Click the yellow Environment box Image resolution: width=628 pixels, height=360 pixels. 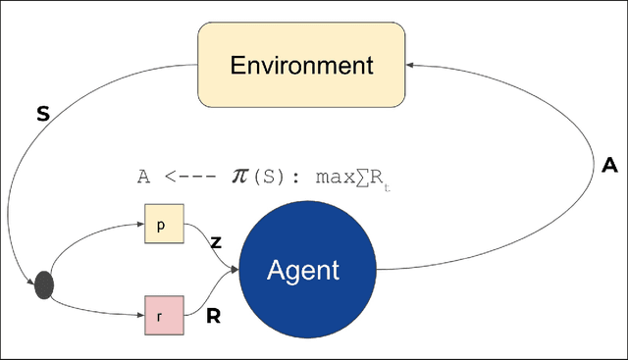301,67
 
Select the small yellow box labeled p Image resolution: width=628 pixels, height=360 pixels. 163,225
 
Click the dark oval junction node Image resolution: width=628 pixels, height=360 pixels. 44,285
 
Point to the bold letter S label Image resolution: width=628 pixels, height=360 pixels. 42,115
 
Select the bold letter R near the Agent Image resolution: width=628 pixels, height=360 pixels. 212,317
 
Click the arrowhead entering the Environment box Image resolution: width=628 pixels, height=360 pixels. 411,66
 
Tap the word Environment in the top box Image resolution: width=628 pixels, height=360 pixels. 301,67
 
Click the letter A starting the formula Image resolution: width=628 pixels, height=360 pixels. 143,177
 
